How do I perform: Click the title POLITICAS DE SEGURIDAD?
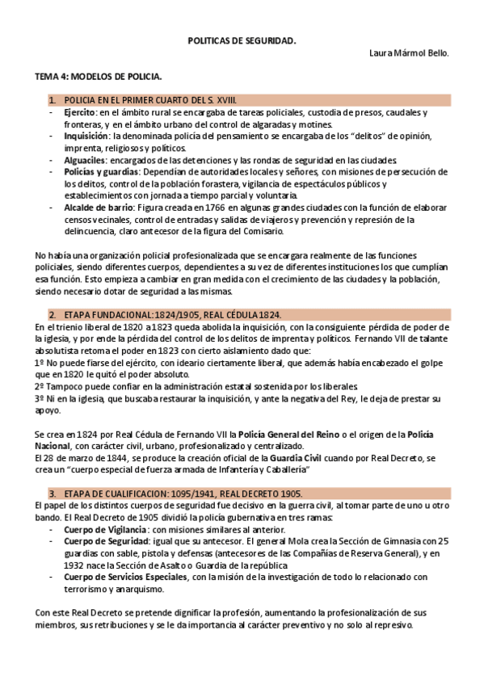[x=242, y=38]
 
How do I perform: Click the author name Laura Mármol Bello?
[x=408, y=53]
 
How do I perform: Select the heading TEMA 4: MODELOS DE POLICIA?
[x=99, y=77]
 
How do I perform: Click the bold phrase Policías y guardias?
[x=101, y=173]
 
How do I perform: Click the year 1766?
[x=213, y=208]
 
